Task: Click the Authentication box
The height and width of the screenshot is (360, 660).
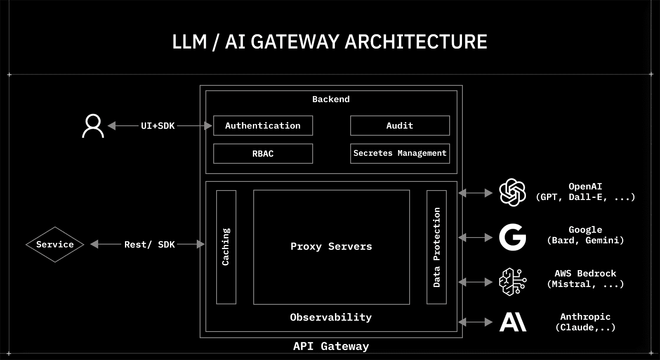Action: [263, 126]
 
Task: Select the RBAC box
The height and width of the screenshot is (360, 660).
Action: [263, 154]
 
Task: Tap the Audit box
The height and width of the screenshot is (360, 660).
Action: [400, 126]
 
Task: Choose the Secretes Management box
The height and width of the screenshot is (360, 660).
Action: [400, 153]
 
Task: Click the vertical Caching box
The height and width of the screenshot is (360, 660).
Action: [226, 247]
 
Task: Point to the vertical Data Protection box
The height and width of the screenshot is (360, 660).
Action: [436, 247]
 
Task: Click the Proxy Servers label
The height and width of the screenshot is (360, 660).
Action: [331, 247]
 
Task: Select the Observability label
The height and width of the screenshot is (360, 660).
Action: [331, 318]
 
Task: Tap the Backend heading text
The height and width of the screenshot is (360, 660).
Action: [331, 99]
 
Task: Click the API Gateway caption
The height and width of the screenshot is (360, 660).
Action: [331, 346]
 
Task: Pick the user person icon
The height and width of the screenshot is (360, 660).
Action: [93, 126]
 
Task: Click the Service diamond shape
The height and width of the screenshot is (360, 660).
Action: [55, 245]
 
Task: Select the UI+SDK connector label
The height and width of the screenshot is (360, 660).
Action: [158, 126]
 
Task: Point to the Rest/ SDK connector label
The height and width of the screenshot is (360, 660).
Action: [150, 245]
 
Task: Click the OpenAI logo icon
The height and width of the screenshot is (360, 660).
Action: [512, 192]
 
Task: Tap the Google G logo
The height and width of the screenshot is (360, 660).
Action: [512, 238]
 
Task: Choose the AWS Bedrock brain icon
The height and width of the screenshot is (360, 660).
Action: [512, 282]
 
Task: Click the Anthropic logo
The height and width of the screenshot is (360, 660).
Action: [513, 322]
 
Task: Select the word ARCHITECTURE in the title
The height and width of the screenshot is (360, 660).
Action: [416, 42]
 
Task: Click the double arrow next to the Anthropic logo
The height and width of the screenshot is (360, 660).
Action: [475, 322]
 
